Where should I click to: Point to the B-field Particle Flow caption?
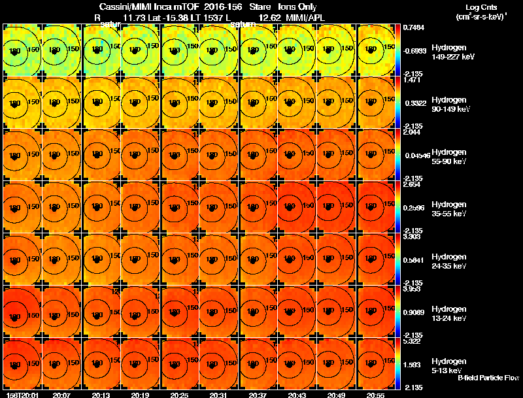(488, 378)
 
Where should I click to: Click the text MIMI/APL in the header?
(301, 18)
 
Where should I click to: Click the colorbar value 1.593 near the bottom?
(411, 365)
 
